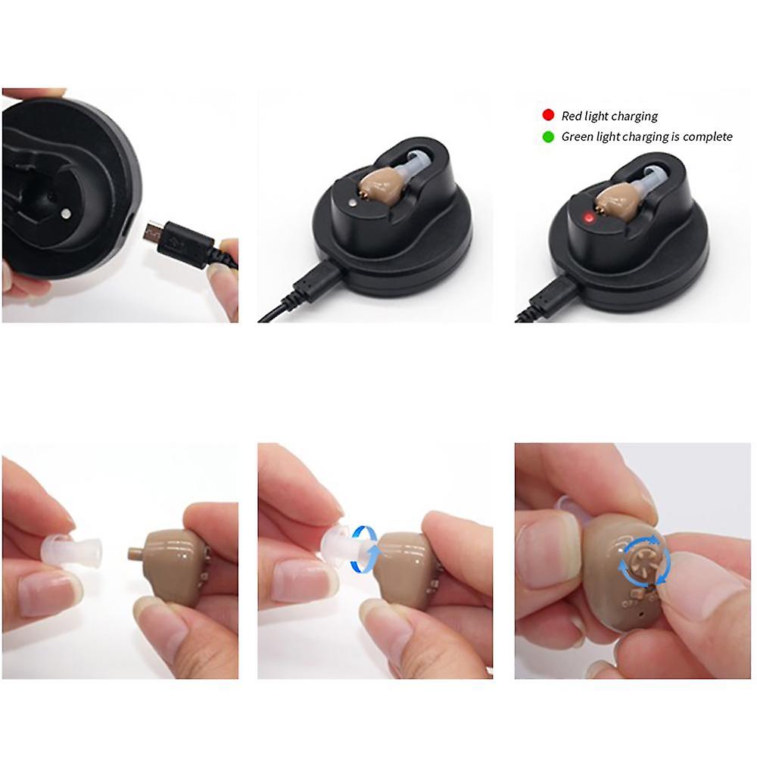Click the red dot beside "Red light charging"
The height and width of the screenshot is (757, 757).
click(548, 115)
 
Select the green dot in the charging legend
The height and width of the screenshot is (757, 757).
click(548, 137)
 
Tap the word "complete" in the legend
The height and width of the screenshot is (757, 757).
click(707, 137)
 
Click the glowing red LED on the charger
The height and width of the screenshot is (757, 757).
click(586, 218)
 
